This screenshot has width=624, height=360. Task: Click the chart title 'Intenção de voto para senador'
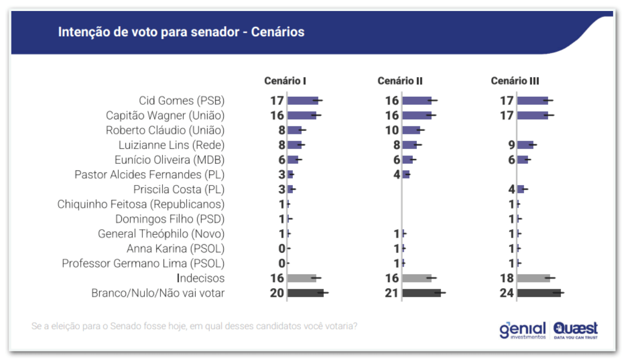click(181, 32)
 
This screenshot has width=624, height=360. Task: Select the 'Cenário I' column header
click(285, 81)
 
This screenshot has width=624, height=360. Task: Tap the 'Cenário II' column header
click(400, 81)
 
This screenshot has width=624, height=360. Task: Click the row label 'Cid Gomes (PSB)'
click(182, 100)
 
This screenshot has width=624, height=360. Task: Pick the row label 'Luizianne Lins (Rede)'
click(171, 145)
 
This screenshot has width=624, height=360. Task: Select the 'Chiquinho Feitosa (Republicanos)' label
click(140, 204)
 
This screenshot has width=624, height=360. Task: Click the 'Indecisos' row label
click(201, 278)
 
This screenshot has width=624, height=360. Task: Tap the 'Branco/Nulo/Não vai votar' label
click(158, 293)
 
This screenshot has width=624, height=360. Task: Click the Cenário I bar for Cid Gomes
click(302, 100)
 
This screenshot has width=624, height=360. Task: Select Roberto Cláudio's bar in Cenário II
click(411, 130)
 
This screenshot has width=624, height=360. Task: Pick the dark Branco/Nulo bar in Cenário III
click(538, 293)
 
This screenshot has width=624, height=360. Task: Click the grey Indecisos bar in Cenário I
click(301, 278)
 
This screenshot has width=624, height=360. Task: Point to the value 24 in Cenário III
click(507, 293)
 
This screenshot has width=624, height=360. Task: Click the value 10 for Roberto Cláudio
click(392, 130)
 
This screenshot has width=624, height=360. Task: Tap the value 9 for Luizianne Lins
click(511, 145)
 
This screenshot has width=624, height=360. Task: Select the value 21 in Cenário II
click(391, 293)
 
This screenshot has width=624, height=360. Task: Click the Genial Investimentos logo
click(522, 330)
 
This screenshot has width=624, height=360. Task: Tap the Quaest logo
click(576, 330)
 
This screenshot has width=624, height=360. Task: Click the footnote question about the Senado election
click(194, 326)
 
